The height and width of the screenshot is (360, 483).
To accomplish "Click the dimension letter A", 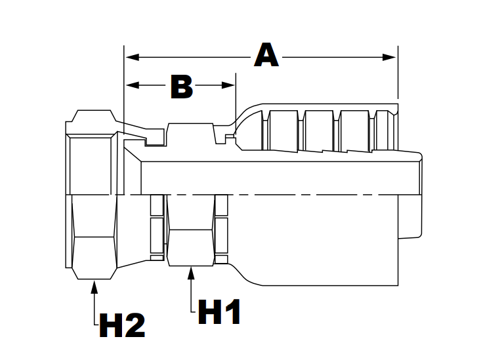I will pos(266,55).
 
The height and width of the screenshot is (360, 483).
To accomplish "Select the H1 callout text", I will pos(219,312).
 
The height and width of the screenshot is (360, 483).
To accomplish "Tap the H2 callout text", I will pos(121,325).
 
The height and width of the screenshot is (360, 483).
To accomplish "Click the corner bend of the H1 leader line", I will pos(191,313).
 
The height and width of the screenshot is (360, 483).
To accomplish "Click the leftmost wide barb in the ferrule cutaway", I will pos(283,129).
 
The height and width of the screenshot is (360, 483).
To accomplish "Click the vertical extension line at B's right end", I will pos(236,98).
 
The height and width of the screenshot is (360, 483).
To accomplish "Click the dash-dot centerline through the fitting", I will pos(262,196).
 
